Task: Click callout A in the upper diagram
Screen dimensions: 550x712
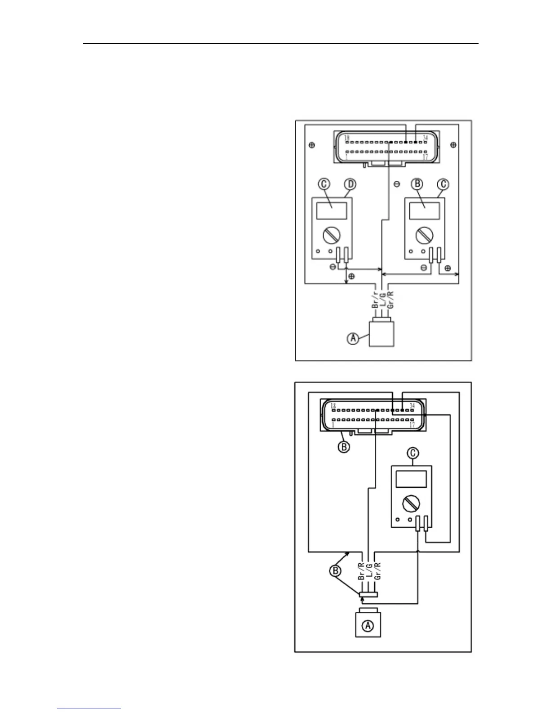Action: [x=354, y=338]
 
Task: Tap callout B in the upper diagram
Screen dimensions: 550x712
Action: [x=417, y=184]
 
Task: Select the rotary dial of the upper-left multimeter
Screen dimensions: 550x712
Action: [x=332, y=235]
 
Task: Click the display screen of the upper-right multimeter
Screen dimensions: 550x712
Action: [x=425, y=211]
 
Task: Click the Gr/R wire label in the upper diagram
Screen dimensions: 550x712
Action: [x=390, y=300]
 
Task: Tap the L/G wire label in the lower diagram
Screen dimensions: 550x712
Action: [x=369, y=571]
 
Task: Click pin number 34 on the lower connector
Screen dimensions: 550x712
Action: [x=412, y=405]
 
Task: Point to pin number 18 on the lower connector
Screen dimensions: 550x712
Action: [x=334, y=405]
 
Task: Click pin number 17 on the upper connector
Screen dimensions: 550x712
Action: [x=425, y=158]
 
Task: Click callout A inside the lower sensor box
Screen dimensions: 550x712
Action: [x=368, y=625]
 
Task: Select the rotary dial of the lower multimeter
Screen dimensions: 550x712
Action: [x=411, y=503]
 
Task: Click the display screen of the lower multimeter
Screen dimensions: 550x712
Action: [x=411, y=479]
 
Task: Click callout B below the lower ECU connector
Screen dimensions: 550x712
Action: [x=344, y=447]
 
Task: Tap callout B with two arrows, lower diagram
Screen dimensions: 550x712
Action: [x=335, y=571]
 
